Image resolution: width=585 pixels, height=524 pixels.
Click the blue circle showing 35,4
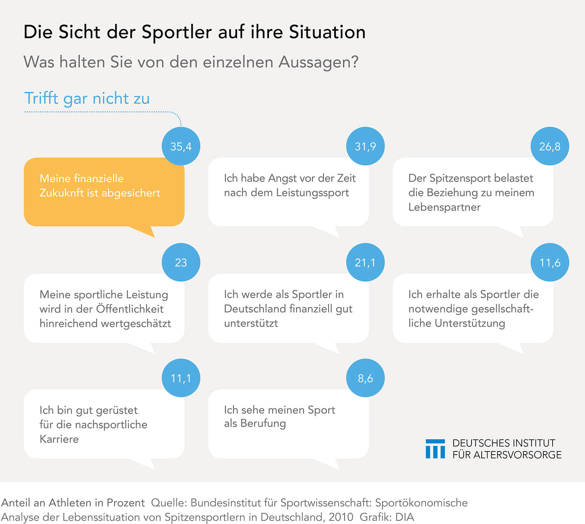(x=181, y=146)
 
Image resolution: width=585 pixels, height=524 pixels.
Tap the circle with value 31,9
(x=365, y=146)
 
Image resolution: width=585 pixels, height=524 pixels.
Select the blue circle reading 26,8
(x=550, y=146)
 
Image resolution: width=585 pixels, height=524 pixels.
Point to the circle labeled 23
(x=181, y=262)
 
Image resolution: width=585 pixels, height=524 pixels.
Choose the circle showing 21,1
(x=365, y=262)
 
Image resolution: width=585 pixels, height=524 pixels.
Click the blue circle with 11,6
(x=550, y=262)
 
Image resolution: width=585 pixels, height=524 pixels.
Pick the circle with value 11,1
(x=181, y=378)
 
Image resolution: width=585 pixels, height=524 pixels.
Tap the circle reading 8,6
(x=365, y=378)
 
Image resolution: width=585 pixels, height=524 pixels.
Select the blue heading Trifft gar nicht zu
(x=87, y=99)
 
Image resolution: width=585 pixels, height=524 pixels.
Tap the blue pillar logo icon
(x=435, y=449)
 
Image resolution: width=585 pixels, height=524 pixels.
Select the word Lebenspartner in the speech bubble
(x=444, y=207)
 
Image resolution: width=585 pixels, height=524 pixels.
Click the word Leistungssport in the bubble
(x=312, y=193)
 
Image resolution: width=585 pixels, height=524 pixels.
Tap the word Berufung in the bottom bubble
(x=263, y=423)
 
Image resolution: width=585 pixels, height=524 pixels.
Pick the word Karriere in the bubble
(x=59, y=439)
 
